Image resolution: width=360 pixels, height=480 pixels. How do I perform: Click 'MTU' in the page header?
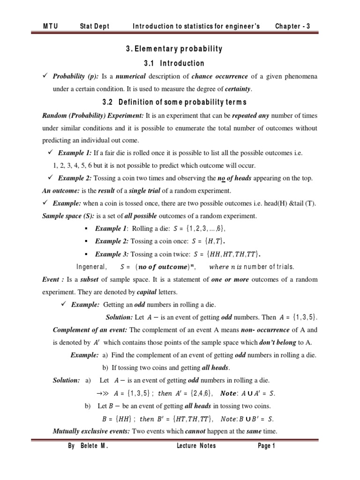click(x=51, y=26)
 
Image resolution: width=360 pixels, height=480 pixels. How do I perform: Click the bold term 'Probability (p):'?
click(x=77, y=77)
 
